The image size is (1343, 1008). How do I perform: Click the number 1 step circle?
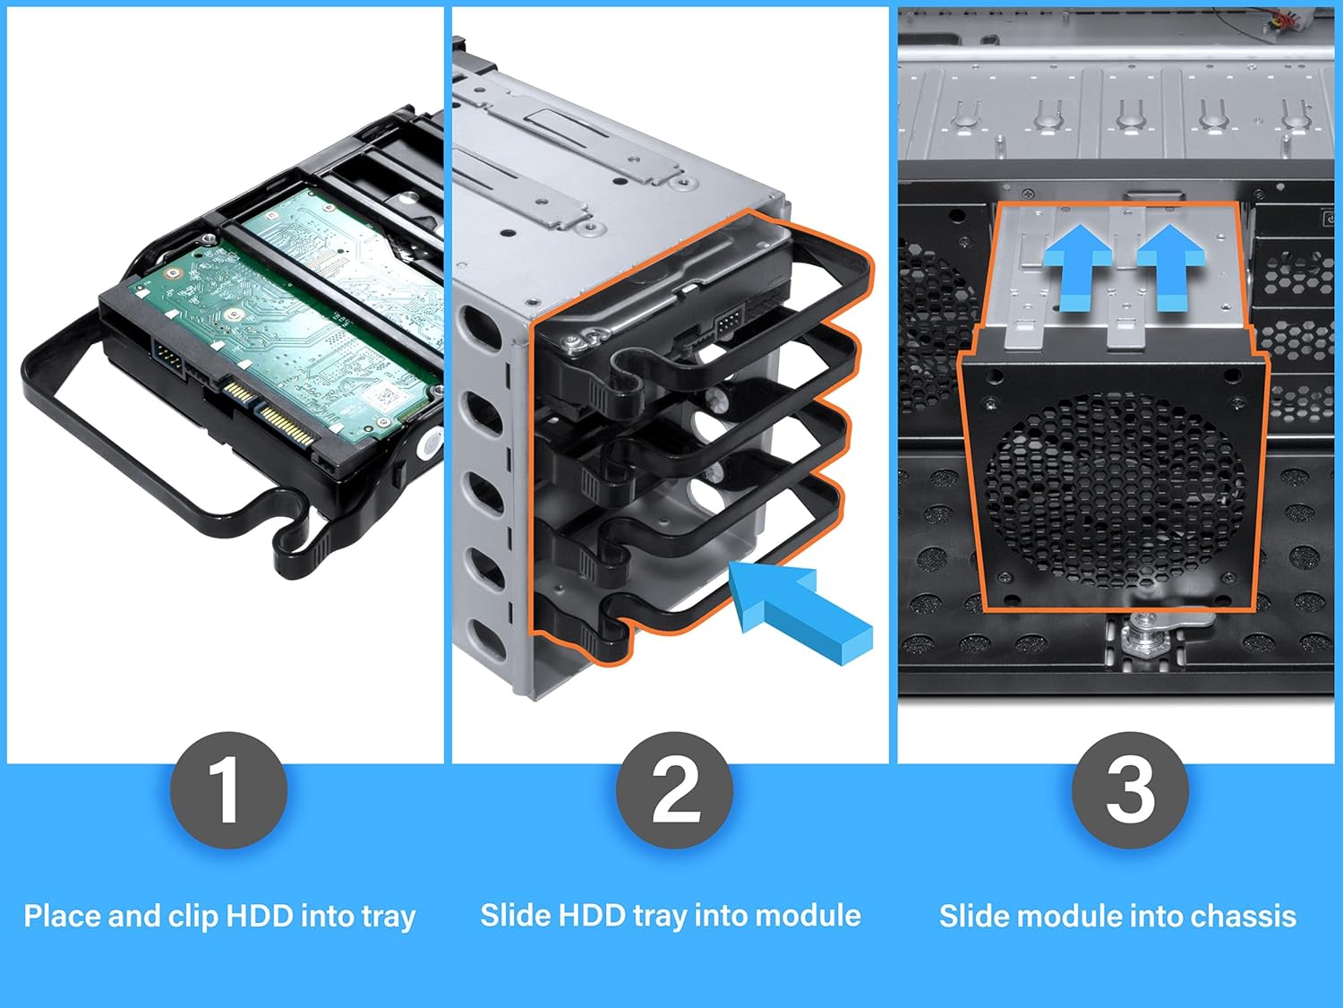(x=228, y=789)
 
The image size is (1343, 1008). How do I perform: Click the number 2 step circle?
(x=674, y=789)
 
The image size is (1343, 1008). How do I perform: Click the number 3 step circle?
(x=1130, y=789)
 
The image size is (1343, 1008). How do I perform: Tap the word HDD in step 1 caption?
(x=260, y=916)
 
